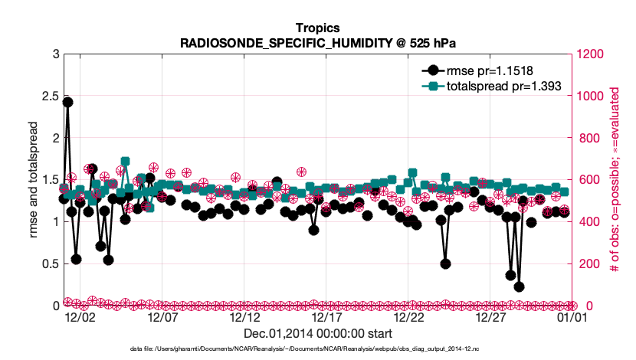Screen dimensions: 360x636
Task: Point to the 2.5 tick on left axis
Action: [50, 96]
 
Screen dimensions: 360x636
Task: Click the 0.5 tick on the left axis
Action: [50, 263]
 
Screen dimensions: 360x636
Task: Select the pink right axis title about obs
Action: [614, 179]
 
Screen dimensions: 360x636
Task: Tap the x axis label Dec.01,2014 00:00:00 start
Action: [317, 333]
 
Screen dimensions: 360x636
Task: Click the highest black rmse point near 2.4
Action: [67, 102]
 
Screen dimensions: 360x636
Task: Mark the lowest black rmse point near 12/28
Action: [519, 286]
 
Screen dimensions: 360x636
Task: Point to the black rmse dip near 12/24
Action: [445, 263]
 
